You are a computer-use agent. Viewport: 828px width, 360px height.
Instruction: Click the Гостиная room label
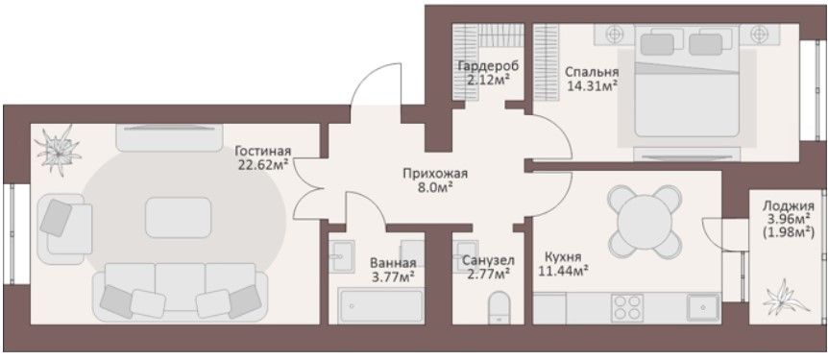pos(263,151)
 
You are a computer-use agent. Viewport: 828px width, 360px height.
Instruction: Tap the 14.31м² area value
pos(592,85)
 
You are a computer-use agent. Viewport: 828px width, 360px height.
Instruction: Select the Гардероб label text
pos(489,66)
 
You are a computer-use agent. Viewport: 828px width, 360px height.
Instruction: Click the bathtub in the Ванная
pos(380,305)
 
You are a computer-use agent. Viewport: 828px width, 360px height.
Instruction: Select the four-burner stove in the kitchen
pos(627,308)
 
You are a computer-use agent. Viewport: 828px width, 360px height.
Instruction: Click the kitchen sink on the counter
pos(703,308)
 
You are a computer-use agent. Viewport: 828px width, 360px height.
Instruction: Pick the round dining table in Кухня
pos(645,222)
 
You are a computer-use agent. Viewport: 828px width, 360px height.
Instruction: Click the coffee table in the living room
pos(178,217)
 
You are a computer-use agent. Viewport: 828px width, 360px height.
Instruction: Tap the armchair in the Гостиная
pos(64,228)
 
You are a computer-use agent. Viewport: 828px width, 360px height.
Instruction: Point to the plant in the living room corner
pos(58,150)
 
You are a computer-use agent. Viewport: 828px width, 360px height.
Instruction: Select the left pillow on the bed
pos(657,44)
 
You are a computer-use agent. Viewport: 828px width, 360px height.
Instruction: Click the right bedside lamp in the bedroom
pos(760,35)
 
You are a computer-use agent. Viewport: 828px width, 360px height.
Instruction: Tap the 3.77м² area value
pos(392,275)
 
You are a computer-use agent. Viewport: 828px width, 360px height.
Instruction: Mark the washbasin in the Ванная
pos(342,256)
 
